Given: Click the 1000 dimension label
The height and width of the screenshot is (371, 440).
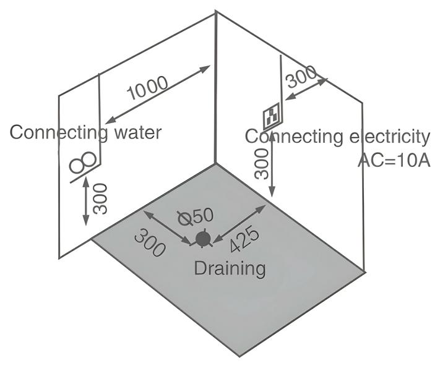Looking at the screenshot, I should coord(148,88).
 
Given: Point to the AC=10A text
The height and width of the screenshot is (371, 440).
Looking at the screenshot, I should coord(394,160).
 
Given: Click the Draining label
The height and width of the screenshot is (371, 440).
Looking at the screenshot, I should coord(230,268).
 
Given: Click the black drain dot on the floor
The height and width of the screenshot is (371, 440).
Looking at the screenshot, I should coord(202,239).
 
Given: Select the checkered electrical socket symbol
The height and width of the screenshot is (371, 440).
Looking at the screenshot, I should coord(272,116).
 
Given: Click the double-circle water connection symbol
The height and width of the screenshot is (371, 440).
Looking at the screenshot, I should coord(84,161).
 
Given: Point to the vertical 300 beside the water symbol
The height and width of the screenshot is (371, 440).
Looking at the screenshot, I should coord(101,198).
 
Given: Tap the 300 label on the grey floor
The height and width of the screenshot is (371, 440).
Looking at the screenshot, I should coord(150,243).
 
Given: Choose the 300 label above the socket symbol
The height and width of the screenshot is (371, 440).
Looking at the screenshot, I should coord(301,76).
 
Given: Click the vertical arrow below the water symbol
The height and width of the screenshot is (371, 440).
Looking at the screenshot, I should coord(86,202).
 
